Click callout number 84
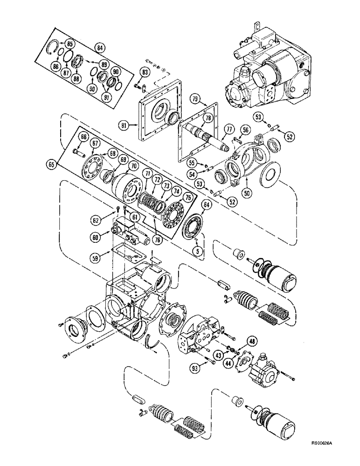click(x=98, y=47)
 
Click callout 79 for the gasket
click(x=195, y=99)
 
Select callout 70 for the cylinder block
click(x=133, y=165)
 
